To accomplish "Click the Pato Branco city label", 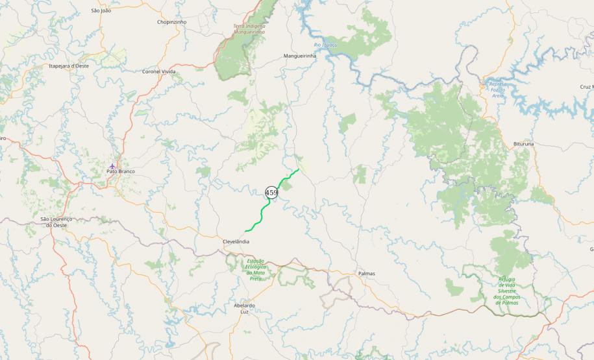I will (x=120, y=171).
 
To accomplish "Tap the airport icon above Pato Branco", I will (x=112, y=165).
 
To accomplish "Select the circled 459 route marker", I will (x=271, y=193).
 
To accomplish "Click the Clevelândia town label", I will (x=236, y=241).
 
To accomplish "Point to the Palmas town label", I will (x=366, y=274).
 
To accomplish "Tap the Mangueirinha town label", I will (x=299, y=56).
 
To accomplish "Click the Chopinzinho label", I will (x=171, y=21).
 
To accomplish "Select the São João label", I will (x=101, y=11).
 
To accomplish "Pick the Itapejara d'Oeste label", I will (x=69, y=66).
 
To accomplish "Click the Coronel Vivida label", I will (x=159, y=71).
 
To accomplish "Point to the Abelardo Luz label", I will (x=244, y=308).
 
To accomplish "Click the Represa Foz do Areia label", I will (x=499, y=90).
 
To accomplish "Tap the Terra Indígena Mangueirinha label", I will (x=249, y=29).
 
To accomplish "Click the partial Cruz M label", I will (x=586, y=86).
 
